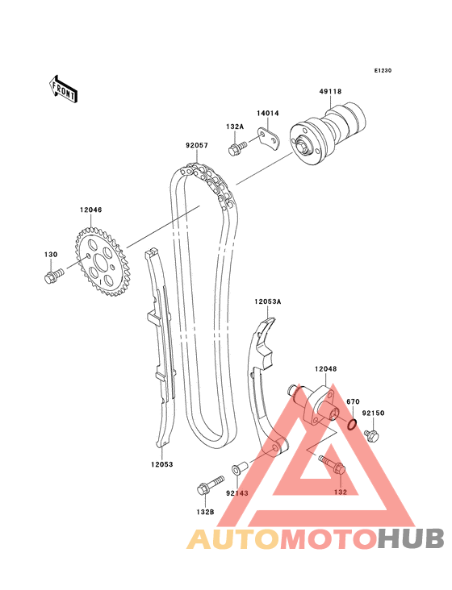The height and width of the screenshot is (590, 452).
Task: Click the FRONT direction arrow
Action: (x=63, y=89)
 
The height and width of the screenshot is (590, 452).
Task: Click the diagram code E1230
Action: (x=383, y=70)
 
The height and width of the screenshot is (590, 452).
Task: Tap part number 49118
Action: (x=330, y=91)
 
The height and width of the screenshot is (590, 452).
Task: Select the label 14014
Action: (x=268, y=114)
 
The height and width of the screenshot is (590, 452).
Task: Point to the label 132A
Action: (x=235, y=127)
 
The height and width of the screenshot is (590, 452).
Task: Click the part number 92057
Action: (x=197, y=145)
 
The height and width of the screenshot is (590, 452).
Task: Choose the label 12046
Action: (x=90, y=210)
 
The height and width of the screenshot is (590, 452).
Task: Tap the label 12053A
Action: (x=268, y=301)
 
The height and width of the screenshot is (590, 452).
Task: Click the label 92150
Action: (x=373, y=413)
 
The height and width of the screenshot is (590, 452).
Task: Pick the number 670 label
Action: (x=353, y=402)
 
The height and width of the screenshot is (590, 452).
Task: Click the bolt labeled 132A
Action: (x=237, y=147)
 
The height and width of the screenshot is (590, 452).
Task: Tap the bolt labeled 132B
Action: (x=210, y=485)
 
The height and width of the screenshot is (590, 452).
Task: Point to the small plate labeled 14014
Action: (x=268, y=139)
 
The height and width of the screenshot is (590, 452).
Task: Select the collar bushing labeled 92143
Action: (x=239, y=467)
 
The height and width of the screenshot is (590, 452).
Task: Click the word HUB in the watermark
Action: (x=412, y=538)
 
